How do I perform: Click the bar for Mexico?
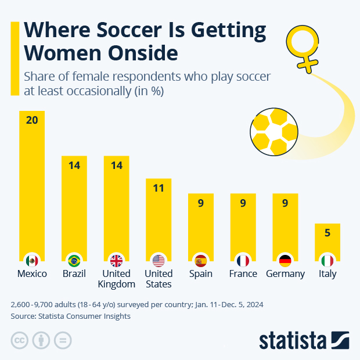(x=32, y=186)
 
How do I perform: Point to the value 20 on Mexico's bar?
(x=32, y=120)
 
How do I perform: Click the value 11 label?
(x=159, y=188)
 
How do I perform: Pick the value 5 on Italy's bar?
(x=327, y=233)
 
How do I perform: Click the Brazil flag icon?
(x=74, y=260)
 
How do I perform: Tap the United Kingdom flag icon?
(x=117, y=260)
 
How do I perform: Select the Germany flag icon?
(x=285, y=260)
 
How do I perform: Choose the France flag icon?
(x=243, y=260)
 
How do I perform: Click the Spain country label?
(x=201, y=274)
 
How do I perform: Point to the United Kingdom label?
(x=117, y=279)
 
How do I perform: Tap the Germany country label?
(x=285, y=274)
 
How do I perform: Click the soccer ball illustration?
(x=274, y=131)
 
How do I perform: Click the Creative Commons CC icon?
(x=20, y=340)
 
